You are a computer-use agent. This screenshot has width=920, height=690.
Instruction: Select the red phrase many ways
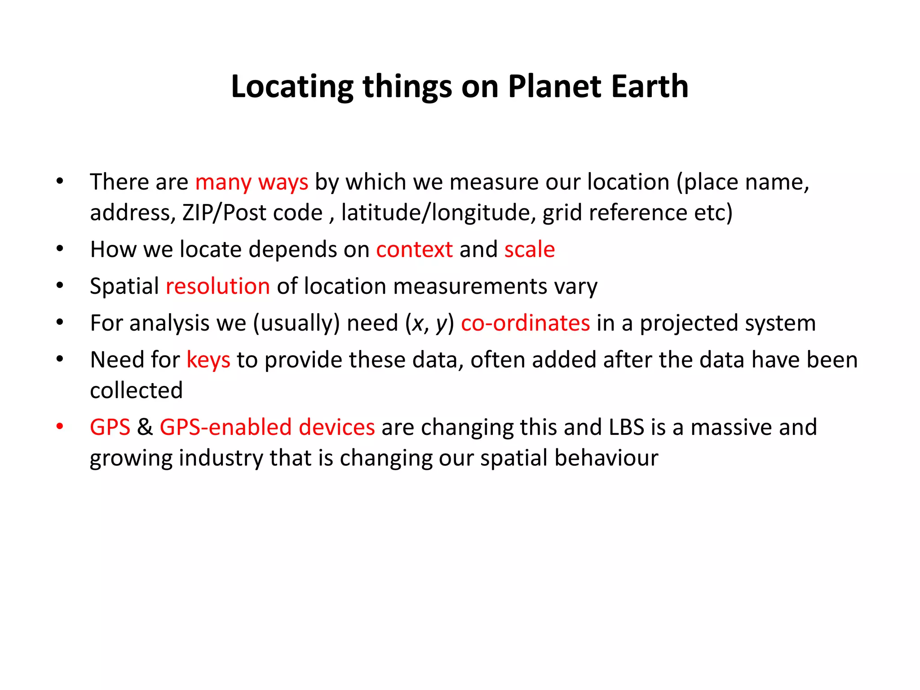point(252,182)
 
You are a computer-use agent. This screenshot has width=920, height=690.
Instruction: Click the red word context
point(414,249)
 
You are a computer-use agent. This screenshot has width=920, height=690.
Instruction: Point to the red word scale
point(529,249)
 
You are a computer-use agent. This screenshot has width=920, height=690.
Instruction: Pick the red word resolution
point(218,286)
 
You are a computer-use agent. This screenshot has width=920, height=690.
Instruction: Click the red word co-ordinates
point(525,323)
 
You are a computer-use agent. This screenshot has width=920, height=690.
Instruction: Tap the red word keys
point(208,360)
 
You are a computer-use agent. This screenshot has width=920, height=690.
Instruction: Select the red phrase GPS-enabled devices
point(267,427)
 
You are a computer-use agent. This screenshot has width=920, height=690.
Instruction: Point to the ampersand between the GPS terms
point(145,427)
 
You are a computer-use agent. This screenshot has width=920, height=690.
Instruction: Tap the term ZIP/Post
point(225,213)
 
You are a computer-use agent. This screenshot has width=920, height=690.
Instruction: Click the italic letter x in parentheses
point(417,324)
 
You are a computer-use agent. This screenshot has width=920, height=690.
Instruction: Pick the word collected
point(136,390)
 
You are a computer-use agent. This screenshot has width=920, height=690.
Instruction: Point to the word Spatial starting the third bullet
point(124,286)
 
